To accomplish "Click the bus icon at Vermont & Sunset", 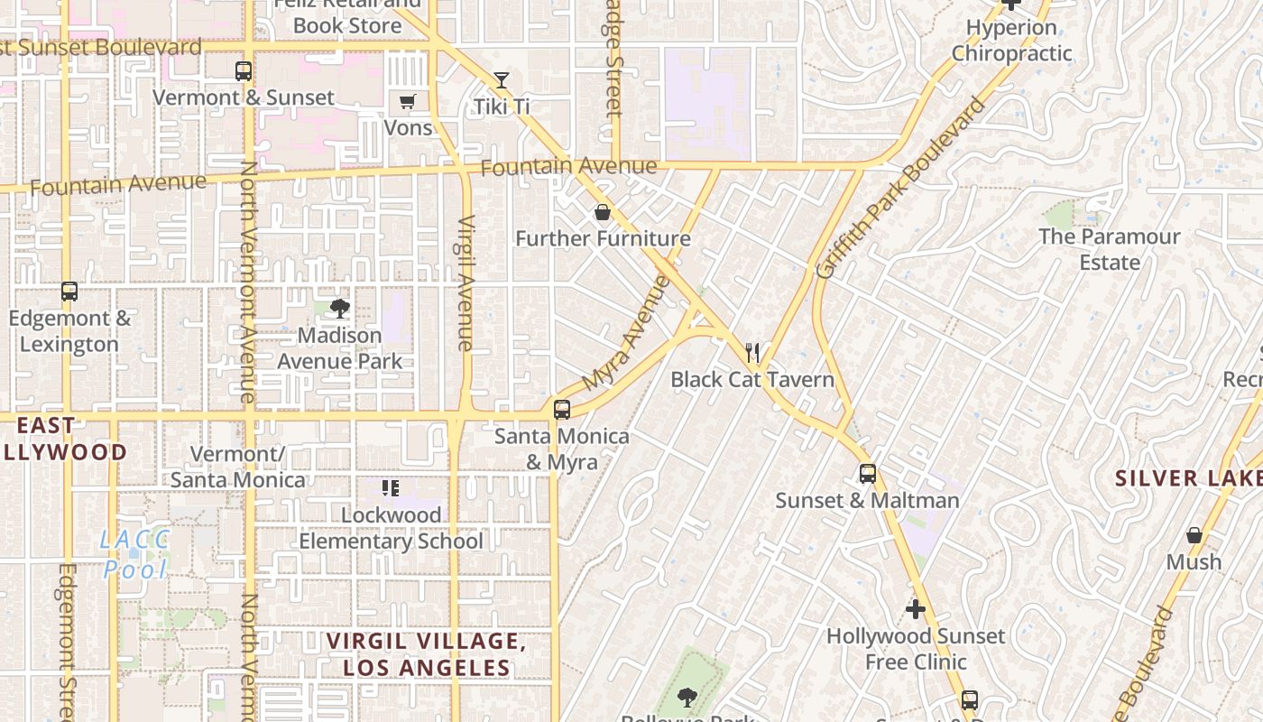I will tap(243, 70).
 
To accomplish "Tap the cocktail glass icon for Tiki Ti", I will tap(502, 80).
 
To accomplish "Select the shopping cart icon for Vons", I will tap(408, 101).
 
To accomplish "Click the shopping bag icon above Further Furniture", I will tap(603, 212).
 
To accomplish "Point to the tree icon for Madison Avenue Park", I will tap(340, 310).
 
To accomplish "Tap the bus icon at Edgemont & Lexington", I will tap(69, 292).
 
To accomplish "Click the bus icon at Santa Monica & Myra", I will tap(562, 410).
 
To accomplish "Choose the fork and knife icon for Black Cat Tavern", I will tap(752, 352).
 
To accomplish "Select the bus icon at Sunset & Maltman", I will tap(867, 474).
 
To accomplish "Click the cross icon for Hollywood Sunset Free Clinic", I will tap(916, 609).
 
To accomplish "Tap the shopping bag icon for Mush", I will tap(1194, 535).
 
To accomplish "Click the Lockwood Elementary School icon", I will tap(391, 488).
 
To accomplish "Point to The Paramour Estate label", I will tap(1109, 249).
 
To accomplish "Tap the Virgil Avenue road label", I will tap(466, 282).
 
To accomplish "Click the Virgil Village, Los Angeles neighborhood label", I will tap(426, 654).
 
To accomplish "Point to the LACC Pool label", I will tap(135, 554).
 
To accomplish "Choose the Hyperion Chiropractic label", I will tap(1011, 40).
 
